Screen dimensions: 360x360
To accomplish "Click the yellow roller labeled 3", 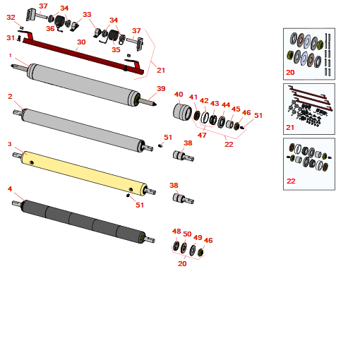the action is [x=83, y=173].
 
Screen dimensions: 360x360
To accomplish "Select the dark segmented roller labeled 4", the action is [x=83, y=221].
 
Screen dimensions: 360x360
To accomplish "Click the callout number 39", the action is [x=161, y=88].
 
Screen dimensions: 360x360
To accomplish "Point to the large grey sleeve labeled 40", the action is [x=182, y=112].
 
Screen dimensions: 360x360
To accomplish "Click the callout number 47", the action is [x=202, y=135].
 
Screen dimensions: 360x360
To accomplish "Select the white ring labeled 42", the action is [x=205, y=117].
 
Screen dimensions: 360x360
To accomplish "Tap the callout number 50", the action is [x=187, y=234].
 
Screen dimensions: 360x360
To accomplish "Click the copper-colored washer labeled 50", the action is [x=184, y=248].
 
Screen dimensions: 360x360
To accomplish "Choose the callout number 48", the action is [x=176, y=231].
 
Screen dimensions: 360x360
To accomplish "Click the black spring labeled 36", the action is [x=59, y=23].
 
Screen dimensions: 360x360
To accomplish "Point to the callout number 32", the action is [x=11, y=17].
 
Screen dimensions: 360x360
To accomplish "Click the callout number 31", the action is [x=11, y=37].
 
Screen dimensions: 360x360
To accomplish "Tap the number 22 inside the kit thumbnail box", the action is [x=291, y=181].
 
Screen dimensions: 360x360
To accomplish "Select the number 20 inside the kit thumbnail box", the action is [x=290, y=72].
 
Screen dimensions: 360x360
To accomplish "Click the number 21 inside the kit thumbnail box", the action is [x=290, y=127].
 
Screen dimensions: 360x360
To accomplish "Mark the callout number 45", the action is [x=236, y=109].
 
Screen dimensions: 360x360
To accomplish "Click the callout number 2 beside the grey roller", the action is [x=10, y=96].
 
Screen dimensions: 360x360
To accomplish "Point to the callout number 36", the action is [x=50, y=28].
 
